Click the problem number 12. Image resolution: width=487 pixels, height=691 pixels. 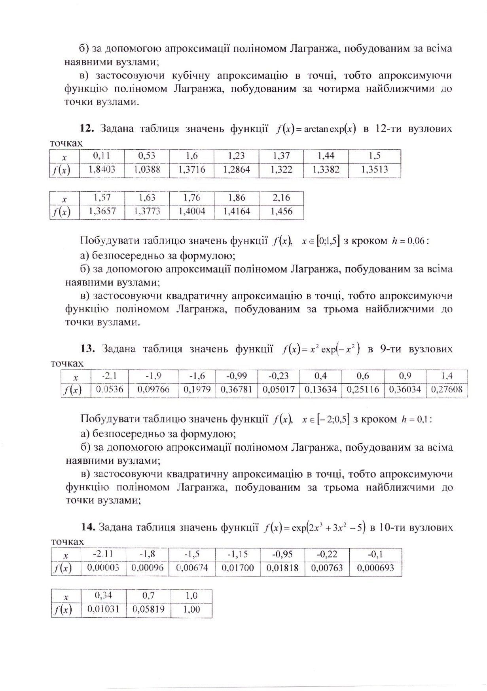86,129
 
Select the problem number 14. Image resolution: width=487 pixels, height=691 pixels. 87,527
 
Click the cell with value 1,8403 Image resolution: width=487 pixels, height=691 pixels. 102,170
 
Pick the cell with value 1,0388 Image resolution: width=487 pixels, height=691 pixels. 147,170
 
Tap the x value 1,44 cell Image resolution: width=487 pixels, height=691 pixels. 326,156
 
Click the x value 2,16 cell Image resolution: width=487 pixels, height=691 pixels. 281,198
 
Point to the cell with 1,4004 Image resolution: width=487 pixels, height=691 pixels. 192,211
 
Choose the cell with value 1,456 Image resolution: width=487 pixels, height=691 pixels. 281,211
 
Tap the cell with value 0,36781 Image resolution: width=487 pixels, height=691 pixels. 236,390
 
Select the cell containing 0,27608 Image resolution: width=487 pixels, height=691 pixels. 446,390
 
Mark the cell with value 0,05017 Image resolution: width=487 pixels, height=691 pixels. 279,390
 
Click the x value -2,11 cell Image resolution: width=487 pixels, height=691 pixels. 103,554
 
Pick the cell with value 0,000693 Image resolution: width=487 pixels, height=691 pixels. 375,568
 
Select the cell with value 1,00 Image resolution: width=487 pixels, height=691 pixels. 191,610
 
